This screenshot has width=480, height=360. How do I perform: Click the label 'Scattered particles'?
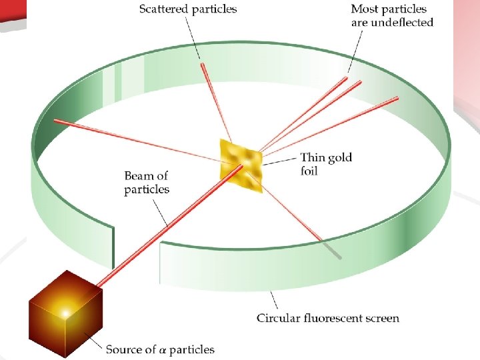(187, 9)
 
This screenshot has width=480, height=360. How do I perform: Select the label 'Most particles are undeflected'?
(392, 16)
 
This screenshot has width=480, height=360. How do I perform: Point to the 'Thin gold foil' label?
(326, 164)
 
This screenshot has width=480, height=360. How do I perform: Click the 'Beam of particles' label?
(147, 183)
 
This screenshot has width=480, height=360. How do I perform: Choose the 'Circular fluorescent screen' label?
(328, 318)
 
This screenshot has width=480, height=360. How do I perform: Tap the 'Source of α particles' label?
(160, 349)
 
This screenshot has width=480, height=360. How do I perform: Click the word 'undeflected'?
(404, 23)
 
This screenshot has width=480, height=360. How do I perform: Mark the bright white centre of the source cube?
(65, 311)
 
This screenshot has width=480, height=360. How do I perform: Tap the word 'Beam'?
(138, 177)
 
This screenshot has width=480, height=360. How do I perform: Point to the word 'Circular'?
(278, 318)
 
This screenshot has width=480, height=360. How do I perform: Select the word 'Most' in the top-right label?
(365, 10)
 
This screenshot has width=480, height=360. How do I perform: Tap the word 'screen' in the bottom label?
(382, 318)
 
